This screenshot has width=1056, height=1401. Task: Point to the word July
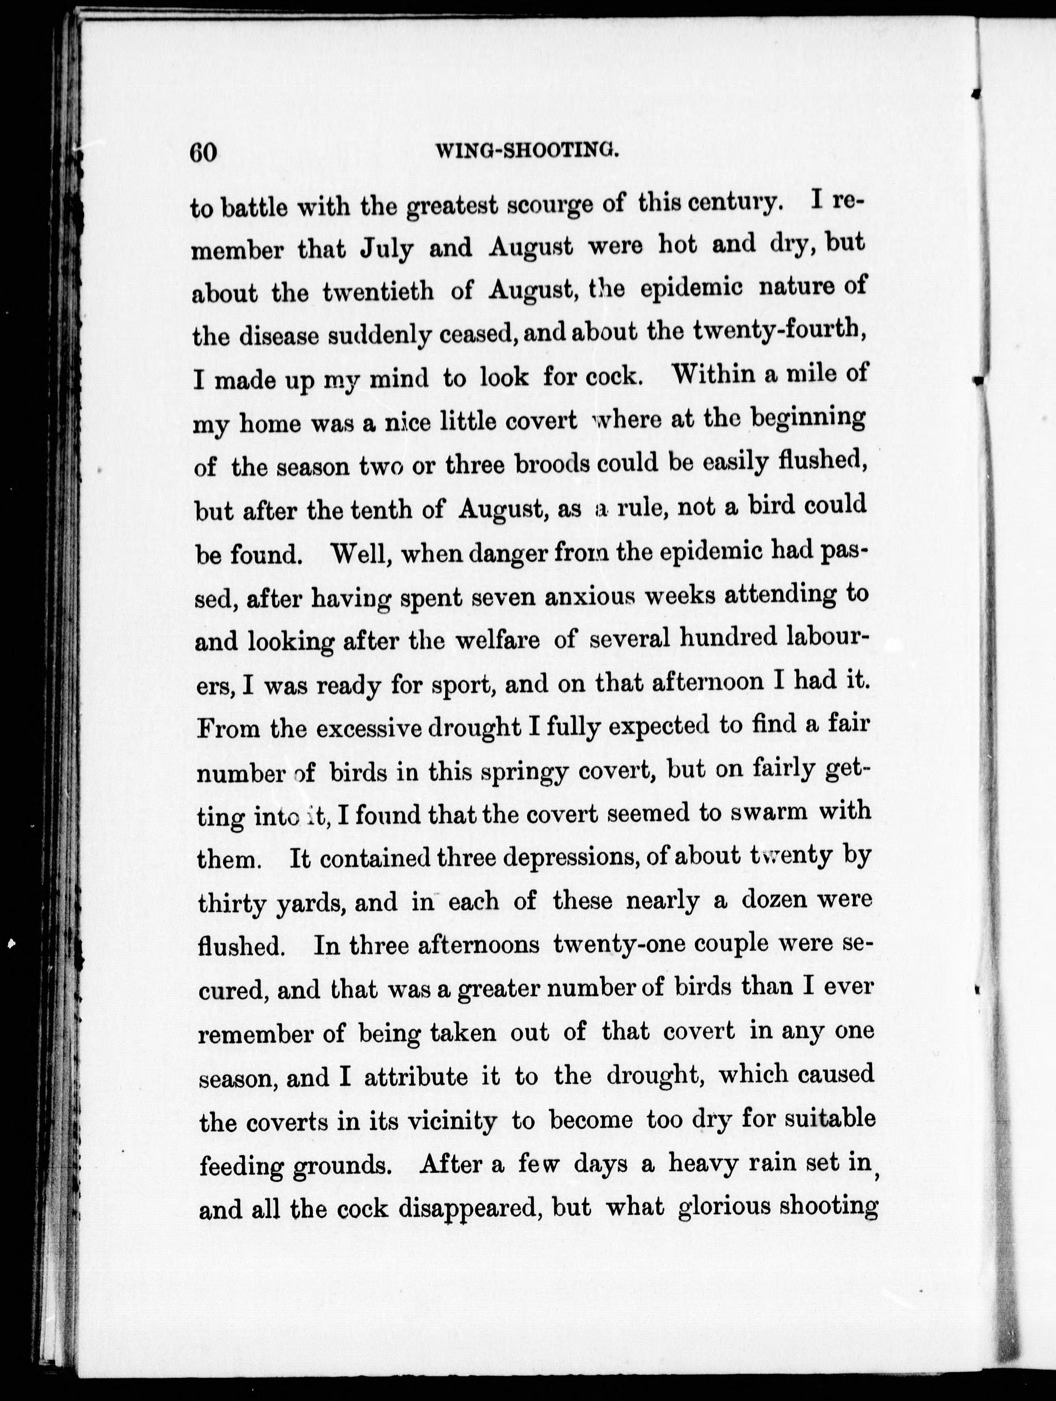386,249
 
